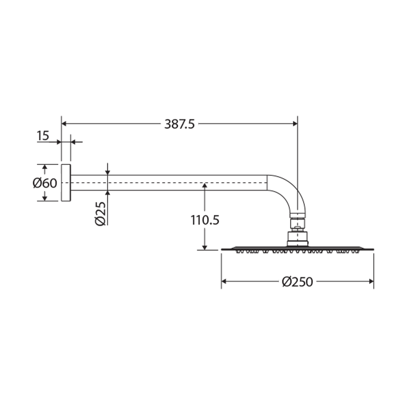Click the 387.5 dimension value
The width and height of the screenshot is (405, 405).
179,124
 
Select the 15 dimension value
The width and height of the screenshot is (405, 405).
43,136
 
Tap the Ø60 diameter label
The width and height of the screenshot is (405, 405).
45,183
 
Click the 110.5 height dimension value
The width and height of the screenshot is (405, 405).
204,220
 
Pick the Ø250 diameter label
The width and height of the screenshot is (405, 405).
297,282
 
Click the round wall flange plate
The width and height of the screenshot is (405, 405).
66,183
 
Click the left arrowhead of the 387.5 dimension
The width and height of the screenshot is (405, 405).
64,123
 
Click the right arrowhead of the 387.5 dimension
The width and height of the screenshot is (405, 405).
295,123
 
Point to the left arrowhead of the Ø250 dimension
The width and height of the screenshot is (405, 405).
224,281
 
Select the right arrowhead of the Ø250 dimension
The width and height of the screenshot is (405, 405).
371,281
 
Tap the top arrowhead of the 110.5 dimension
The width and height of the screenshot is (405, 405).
204,186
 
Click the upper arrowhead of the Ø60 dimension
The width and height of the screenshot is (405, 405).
45,167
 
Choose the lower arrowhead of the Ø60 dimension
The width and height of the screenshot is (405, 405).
45,198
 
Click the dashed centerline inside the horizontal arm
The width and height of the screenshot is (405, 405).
169,183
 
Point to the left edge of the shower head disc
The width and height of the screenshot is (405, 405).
222,249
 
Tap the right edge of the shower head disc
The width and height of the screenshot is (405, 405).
373,249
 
